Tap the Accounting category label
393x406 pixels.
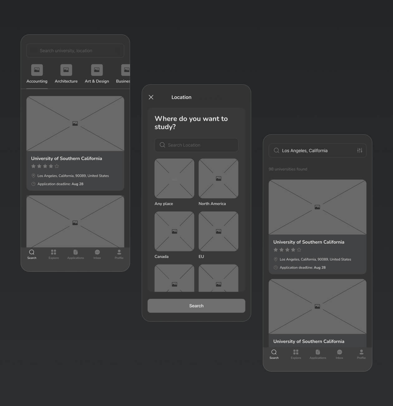[37, 81]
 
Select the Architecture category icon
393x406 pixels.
[66, 70]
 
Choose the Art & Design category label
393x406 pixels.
[97, 81]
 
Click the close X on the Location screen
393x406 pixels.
[151, 97]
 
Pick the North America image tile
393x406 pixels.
[218, 178]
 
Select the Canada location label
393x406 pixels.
[162, 256]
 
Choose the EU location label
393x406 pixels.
[201, 256]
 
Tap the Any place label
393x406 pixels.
[164, 204]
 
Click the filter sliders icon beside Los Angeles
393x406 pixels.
[360, 151]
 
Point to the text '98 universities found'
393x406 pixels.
[288, 169]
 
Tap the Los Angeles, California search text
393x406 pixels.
[305, 151]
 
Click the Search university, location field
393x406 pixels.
[75, 51]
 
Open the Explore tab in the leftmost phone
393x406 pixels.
[54, 254]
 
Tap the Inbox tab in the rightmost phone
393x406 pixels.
[339, 354]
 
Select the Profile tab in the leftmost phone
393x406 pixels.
[119, 254]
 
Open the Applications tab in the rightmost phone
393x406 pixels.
[318, 354]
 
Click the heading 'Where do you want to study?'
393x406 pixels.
[191, 122]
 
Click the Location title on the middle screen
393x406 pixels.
[182, 97]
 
